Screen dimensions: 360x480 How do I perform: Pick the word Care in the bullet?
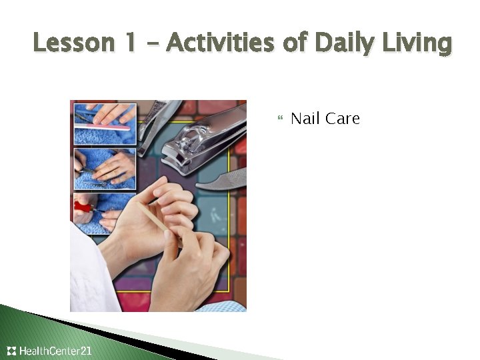pyautogui.click(x=343, y=119)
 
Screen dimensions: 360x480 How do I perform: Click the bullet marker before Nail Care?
pyautogui.click(x=279, y=119)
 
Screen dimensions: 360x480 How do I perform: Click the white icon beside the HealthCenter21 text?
pyautogui.click(x=11, y=351)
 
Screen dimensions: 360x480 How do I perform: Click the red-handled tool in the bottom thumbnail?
pyautogui.click(x=84, y=207)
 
